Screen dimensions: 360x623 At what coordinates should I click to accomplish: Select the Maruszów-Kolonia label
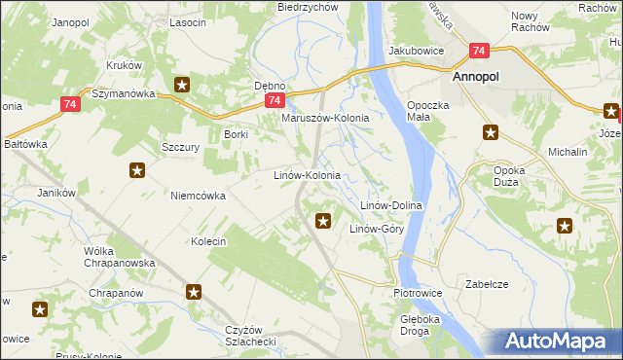pos(325,118)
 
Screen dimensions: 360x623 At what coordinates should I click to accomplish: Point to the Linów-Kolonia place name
pos(305,176)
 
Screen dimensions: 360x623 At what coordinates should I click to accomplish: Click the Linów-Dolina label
pos(390,205)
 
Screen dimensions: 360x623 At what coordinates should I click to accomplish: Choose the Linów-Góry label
pos(377,229)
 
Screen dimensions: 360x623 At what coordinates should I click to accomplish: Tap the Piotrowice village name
pos(418,292)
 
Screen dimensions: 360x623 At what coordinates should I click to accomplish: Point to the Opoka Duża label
pos(509,176)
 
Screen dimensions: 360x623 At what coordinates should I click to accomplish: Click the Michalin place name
pos(568,153)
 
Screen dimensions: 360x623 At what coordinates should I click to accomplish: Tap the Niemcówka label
pos(198,196)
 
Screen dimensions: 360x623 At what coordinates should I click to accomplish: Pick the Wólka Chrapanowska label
pos(99,257)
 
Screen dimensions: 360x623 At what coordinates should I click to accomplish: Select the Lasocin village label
pos(187,21)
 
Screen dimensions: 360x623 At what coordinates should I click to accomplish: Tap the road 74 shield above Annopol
pos(478,51)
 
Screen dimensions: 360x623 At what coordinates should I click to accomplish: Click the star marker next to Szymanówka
pos(181,86)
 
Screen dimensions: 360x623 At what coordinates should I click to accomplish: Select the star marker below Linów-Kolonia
pos(323,222)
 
